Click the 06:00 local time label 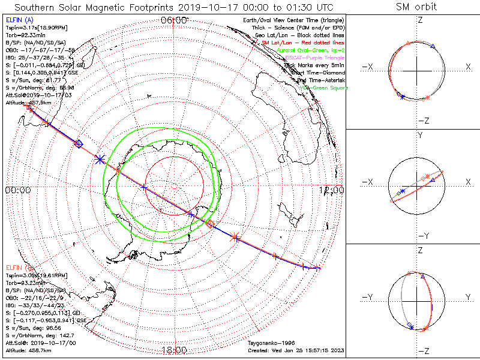click(175, 20)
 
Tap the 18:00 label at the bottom click(175, 350)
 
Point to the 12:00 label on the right click(332, 190)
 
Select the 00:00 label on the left click(17, 190)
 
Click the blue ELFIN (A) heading click(19, 21)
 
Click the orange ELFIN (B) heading click(19, 267)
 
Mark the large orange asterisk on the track click(235, 237)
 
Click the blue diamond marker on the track click(78, 143)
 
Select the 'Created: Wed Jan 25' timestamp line click(296, 350)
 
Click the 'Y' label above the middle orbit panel click(420, 136)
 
